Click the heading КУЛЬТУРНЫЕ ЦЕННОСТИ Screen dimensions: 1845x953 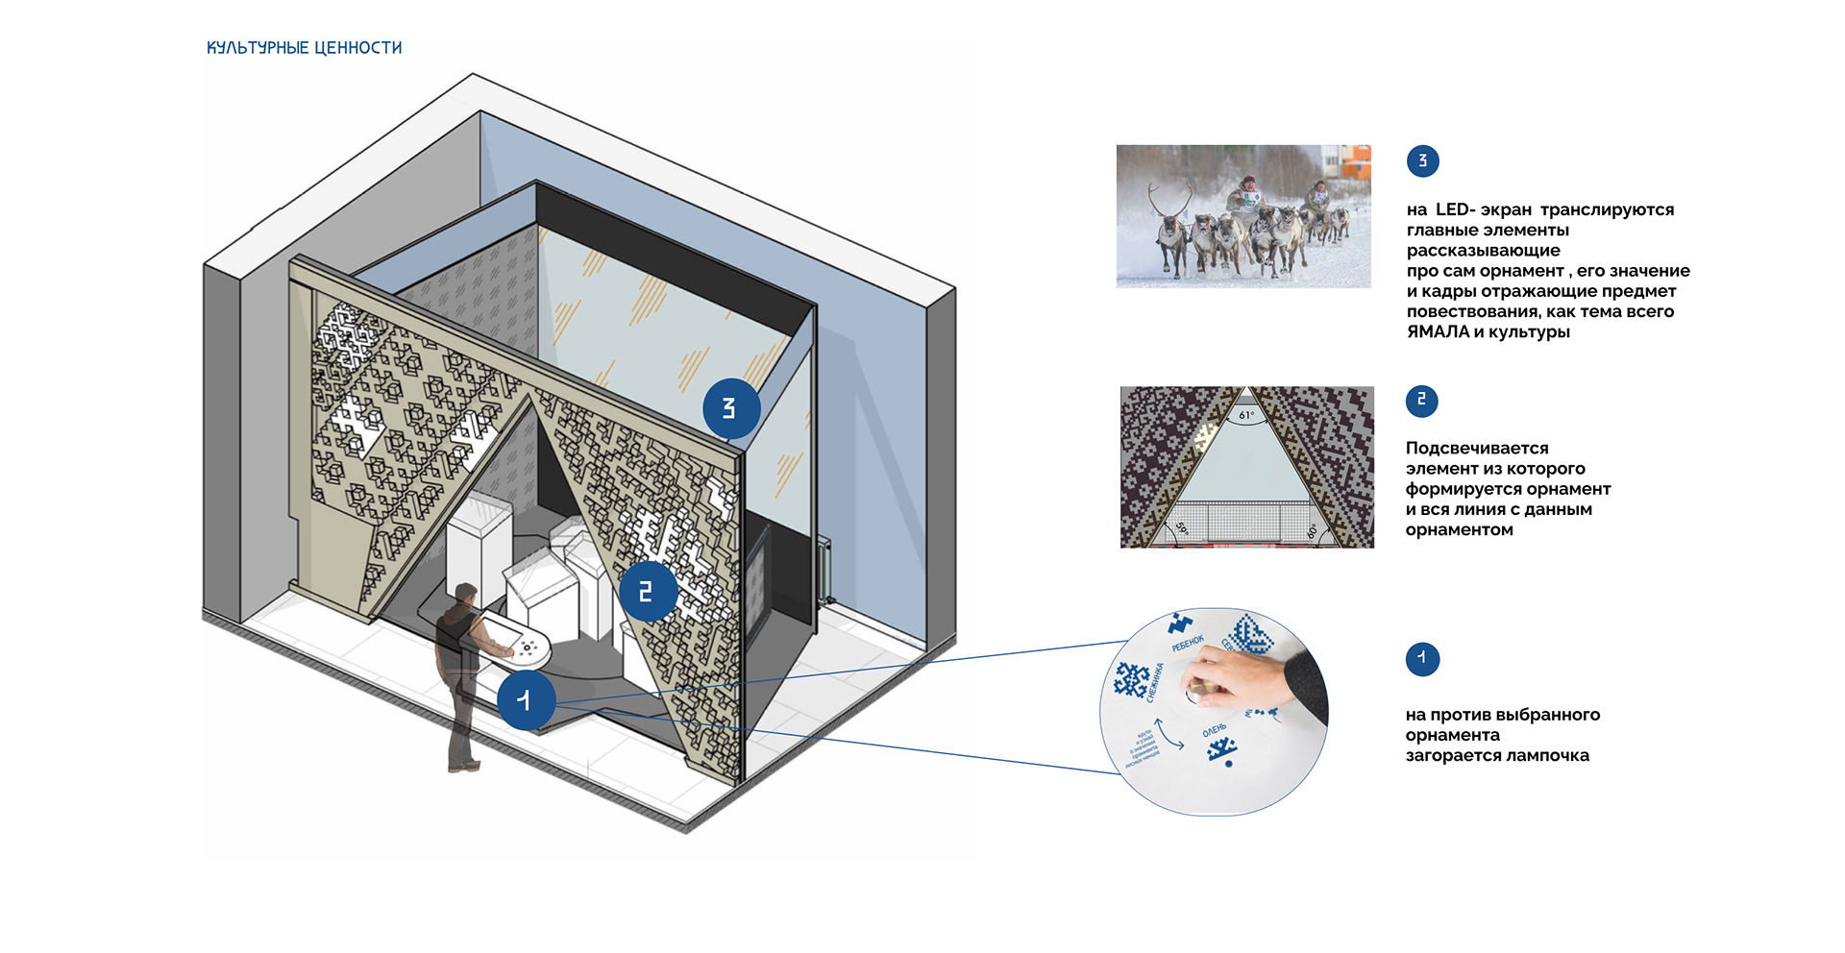pyautogui.click(x=304, y=48)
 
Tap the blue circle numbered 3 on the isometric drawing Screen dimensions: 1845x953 pyautogui.click(x=731, y=408)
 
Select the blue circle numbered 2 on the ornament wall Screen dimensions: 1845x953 pyautogui.click(x=648, y=591)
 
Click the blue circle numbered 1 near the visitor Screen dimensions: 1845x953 pyautogui.click(x=526, y=700)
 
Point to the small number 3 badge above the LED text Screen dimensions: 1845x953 pyautogui.click(x=1422, y=160)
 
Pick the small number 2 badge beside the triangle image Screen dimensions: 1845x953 pyautogui.click(x=1421, y=401)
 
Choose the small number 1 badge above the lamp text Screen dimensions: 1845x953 pyautogui.click(x=1421, y=659)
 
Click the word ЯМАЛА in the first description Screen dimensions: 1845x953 pyautogui.click(x=1438, y=332)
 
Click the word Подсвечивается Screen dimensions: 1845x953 pyautogui.click(x=1477, y=449)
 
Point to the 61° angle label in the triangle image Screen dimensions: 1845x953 pyautogui.click(x=1246, y=415)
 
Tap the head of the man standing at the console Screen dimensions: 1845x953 pyautogui.click(x=466, y=595)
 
